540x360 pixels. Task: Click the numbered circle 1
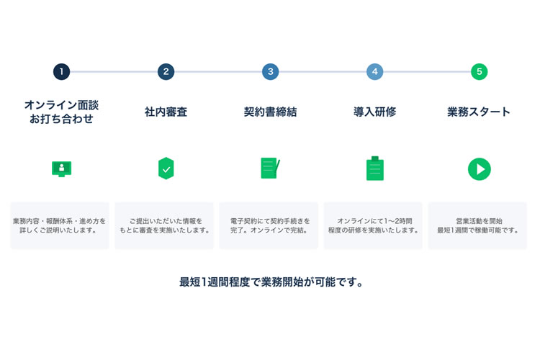(x=62, y=72)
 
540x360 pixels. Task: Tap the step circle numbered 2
(x=166, y=72)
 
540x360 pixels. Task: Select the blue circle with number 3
(x=270, y=72)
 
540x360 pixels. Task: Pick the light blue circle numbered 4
(x=374, y=72)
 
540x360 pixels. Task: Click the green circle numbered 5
(x=479, y=72)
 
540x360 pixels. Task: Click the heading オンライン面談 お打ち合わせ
(x=62, y=112)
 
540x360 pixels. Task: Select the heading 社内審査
(x=166, y=112)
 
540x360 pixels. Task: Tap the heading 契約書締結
(x=270, y=112)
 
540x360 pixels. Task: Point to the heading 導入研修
(x=374, y=112)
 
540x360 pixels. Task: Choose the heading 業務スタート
(x=479, y=112)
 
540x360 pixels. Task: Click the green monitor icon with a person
(x=62, y=168)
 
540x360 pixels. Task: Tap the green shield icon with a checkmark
(x=166, y=168)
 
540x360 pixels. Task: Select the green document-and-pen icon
(x=270, y=168)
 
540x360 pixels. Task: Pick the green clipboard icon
(x=375, y=168)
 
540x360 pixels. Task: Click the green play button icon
(x=479, y=169)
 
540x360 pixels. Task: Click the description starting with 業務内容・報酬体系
(x=59, y=225)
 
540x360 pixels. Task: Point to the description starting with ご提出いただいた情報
(x=165, y=225)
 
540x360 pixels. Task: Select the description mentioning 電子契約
(x=270, y=225)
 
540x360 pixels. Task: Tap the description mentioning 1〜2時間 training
(x=374, y=225)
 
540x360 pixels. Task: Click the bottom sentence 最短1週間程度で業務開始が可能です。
(x=271, y=282)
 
